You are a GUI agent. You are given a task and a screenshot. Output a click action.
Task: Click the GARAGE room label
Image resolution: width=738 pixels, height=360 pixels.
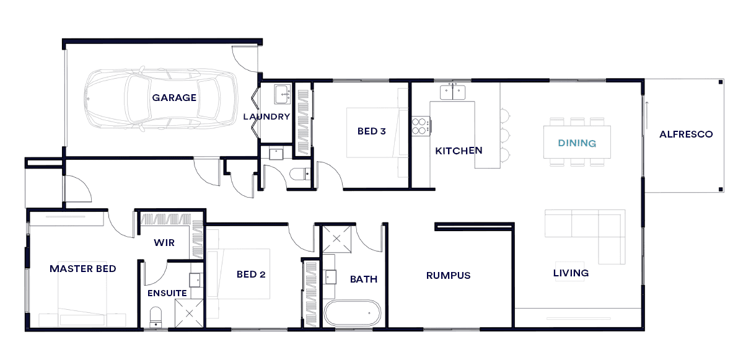(174, 98)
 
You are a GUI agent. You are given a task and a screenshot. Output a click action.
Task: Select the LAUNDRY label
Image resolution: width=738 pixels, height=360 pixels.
(266, 116)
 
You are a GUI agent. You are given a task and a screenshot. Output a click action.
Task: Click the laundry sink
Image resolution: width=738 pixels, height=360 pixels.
(283, 94)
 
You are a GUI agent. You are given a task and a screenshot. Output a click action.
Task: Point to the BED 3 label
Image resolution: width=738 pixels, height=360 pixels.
(372, 131)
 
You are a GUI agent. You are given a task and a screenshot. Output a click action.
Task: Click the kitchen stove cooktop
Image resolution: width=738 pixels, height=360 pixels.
(420, 125)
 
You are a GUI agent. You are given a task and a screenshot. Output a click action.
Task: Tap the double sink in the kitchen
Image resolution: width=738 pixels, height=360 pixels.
(453, 92)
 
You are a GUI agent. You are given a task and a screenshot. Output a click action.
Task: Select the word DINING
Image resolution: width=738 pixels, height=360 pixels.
(577, 143)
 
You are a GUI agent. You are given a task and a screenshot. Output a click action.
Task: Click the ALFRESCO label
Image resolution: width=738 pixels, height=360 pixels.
(686, 134)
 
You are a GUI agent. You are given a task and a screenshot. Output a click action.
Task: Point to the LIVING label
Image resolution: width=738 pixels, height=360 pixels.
(571, 273)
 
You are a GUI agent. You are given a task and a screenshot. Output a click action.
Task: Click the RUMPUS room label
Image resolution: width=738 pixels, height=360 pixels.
(449, 276)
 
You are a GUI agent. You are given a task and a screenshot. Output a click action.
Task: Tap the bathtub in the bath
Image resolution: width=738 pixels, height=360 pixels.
(352, 312)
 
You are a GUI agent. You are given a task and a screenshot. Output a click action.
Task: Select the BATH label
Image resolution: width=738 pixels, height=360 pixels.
(364, 279)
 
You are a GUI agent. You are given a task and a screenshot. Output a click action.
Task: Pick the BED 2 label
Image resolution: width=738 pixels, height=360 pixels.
(251, 274)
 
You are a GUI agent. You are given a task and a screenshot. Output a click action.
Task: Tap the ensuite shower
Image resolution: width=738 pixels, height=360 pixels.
(189, 313)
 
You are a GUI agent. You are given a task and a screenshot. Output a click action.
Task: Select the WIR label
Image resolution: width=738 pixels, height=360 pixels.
(164, 243)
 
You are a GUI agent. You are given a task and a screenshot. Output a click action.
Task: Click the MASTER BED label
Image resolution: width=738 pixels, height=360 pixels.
(83, 269)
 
